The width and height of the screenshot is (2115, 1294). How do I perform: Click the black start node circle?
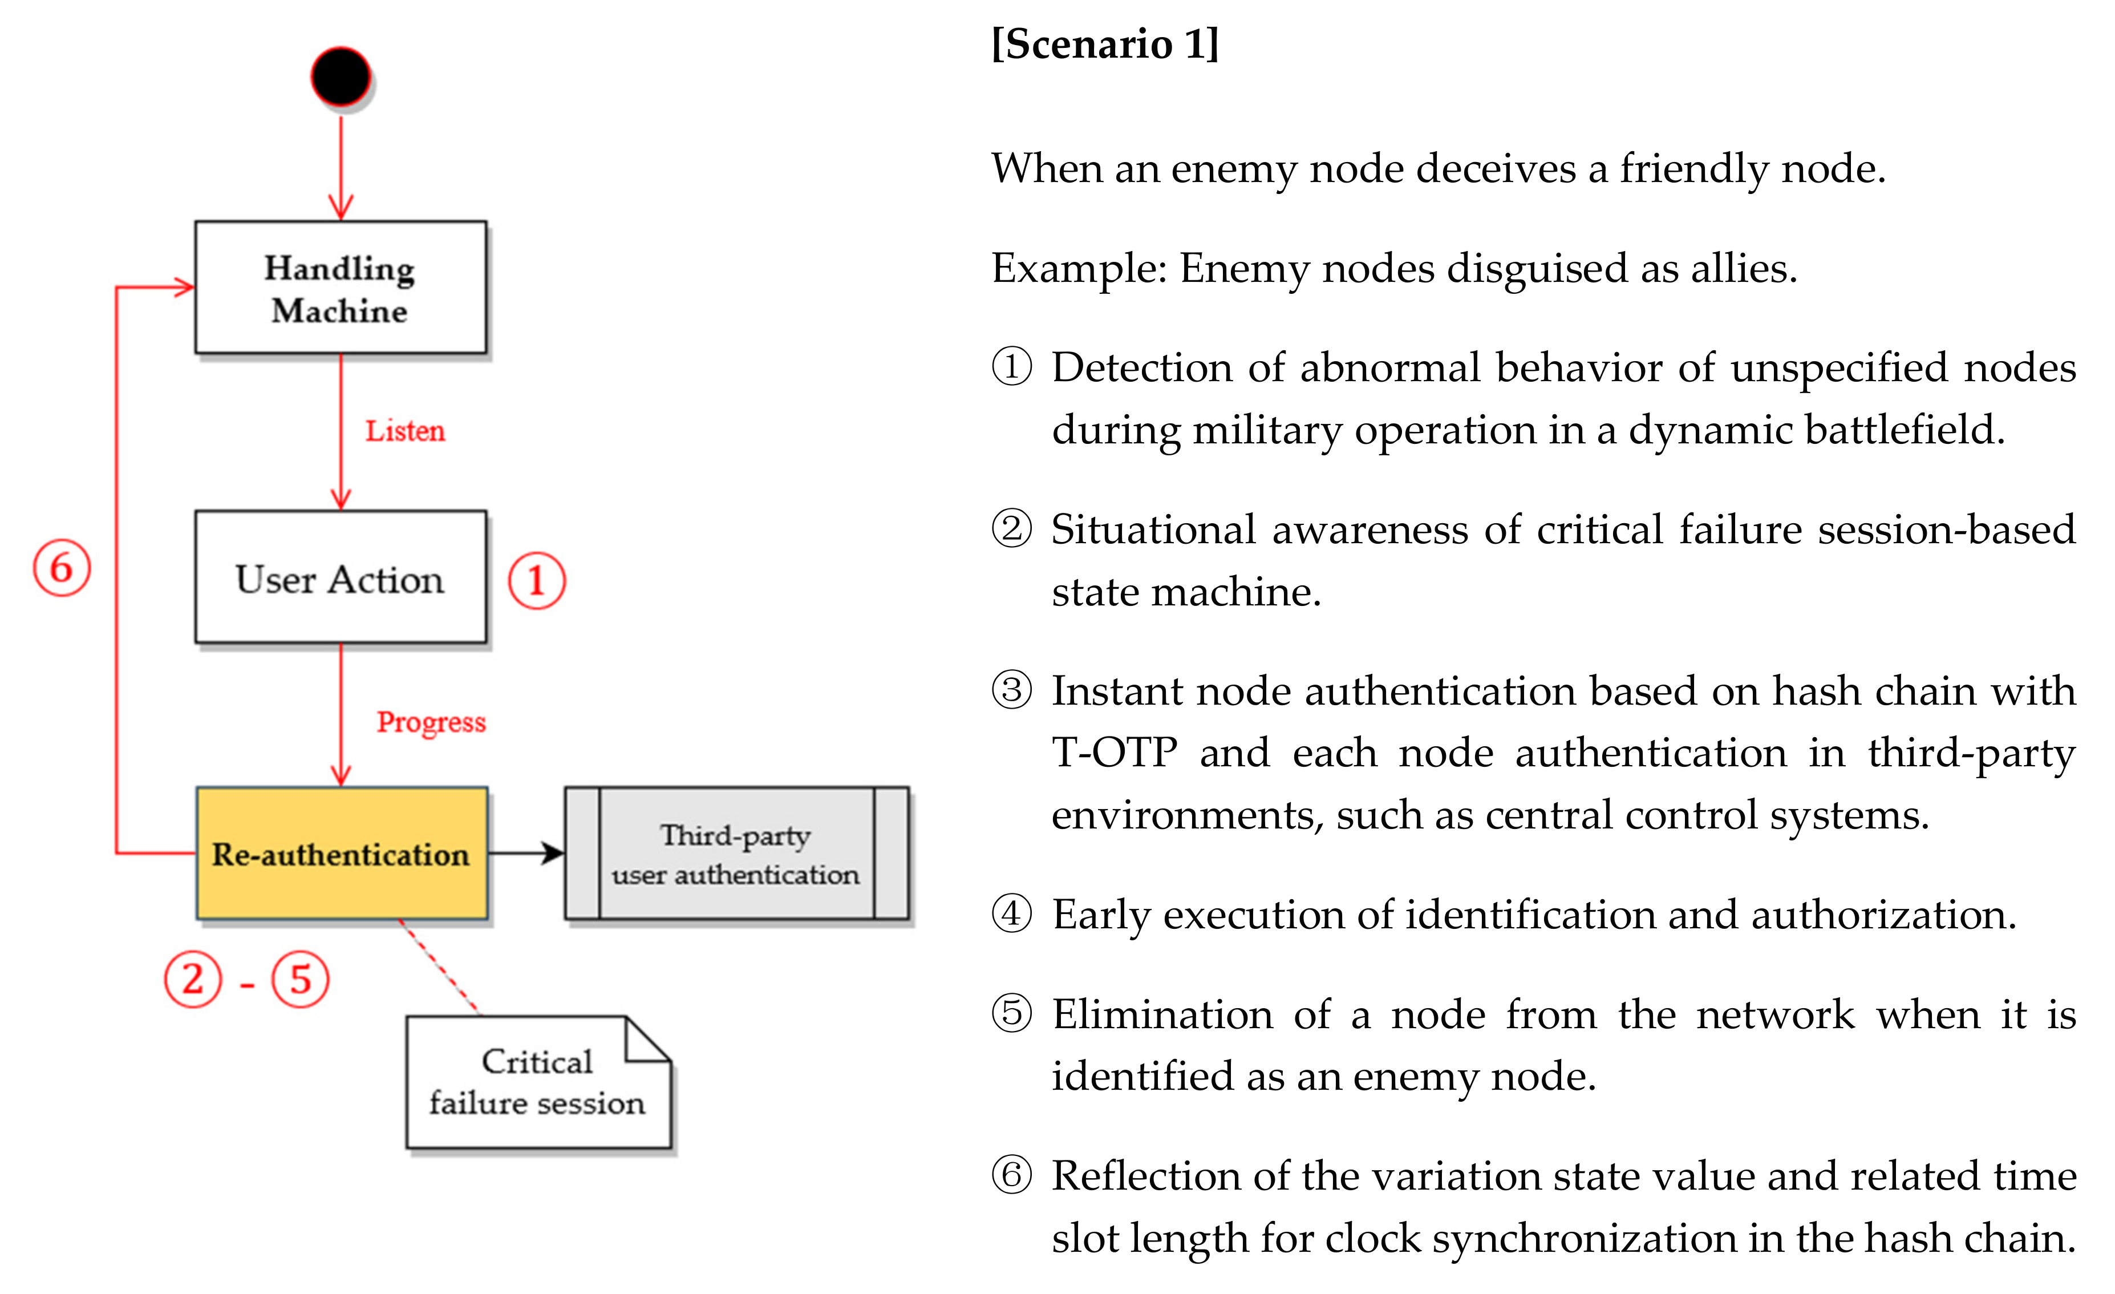[x=341, y=76]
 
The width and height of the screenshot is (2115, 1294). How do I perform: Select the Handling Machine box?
[x=340, y=288]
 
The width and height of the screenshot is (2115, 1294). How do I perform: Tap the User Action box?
[x=340, y=578]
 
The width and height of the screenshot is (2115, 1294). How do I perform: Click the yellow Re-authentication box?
[x=342, y=854]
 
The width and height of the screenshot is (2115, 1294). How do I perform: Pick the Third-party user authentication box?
[x=736, y=854]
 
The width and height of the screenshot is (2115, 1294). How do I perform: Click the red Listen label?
[x=405, y=431]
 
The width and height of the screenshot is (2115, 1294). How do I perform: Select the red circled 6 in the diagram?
[x=62, y=568]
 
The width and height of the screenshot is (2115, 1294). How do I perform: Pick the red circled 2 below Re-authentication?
[x=193, y=979]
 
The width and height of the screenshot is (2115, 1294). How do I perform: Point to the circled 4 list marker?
[x=1011, y=913]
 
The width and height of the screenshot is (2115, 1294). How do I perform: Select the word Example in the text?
[x=1077, y=268]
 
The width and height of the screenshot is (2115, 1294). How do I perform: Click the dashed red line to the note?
[x=439, y=968]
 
